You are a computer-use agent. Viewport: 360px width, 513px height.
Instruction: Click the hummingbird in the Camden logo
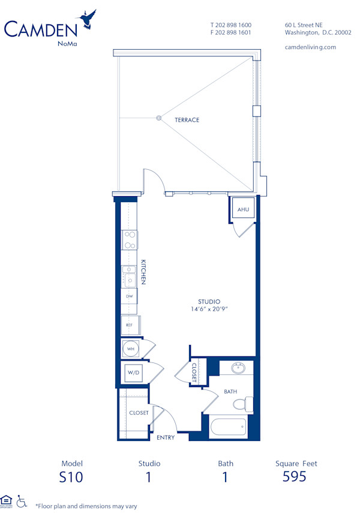pos(89,19)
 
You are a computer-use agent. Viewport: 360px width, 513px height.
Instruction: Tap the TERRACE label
pos(187,120)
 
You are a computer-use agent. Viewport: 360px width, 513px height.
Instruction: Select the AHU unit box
pos(243,209)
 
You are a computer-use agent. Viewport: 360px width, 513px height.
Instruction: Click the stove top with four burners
pos(129,240)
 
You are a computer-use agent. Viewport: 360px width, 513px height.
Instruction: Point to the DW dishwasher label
pos(129,296)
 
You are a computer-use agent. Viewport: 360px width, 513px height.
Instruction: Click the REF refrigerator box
pos(130,325)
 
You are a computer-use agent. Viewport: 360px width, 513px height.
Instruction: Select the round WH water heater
pos(130,349)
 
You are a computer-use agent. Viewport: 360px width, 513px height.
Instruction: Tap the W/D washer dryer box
pos(132,373)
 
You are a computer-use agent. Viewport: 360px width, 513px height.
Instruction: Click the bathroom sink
pos(237,367)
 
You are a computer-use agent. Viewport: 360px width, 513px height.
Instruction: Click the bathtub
pos(228,428)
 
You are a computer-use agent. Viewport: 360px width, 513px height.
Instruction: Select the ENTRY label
pos(166,437)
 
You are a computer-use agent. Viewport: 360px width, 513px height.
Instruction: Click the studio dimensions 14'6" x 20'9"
pos(209,309)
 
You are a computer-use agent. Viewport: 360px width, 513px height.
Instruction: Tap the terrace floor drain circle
pos(159,118)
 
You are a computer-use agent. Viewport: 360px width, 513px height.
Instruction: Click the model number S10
pos(71,477)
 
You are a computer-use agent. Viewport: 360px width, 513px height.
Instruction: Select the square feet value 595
pos(294,477)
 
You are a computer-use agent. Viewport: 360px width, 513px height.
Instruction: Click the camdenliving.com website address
pos(311,47)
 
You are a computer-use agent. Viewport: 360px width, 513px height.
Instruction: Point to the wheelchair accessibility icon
pos(22,501)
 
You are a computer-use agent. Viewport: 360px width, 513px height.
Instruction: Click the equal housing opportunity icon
pos(7,500)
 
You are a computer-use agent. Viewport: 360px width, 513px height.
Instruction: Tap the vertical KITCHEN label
pos(143,272)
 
